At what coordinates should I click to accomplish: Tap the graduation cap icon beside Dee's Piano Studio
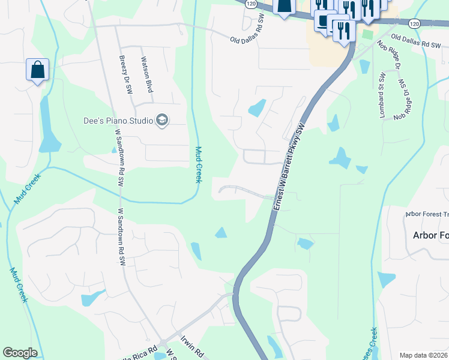161,121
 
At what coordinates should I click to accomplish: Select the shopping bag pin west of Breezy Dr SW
37,70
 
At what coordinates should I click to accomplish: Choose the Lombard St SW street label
382,95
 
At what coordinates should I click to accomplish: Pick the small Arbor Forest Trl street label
427,214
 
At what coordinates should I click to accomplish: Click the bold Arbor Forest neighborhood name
430,235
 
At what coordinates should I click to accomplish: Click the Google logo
20,353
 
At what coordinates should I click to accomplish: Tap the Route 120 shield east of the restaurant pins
414,23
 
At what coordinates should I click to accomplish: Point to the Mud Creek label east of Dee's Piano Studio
198,164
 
